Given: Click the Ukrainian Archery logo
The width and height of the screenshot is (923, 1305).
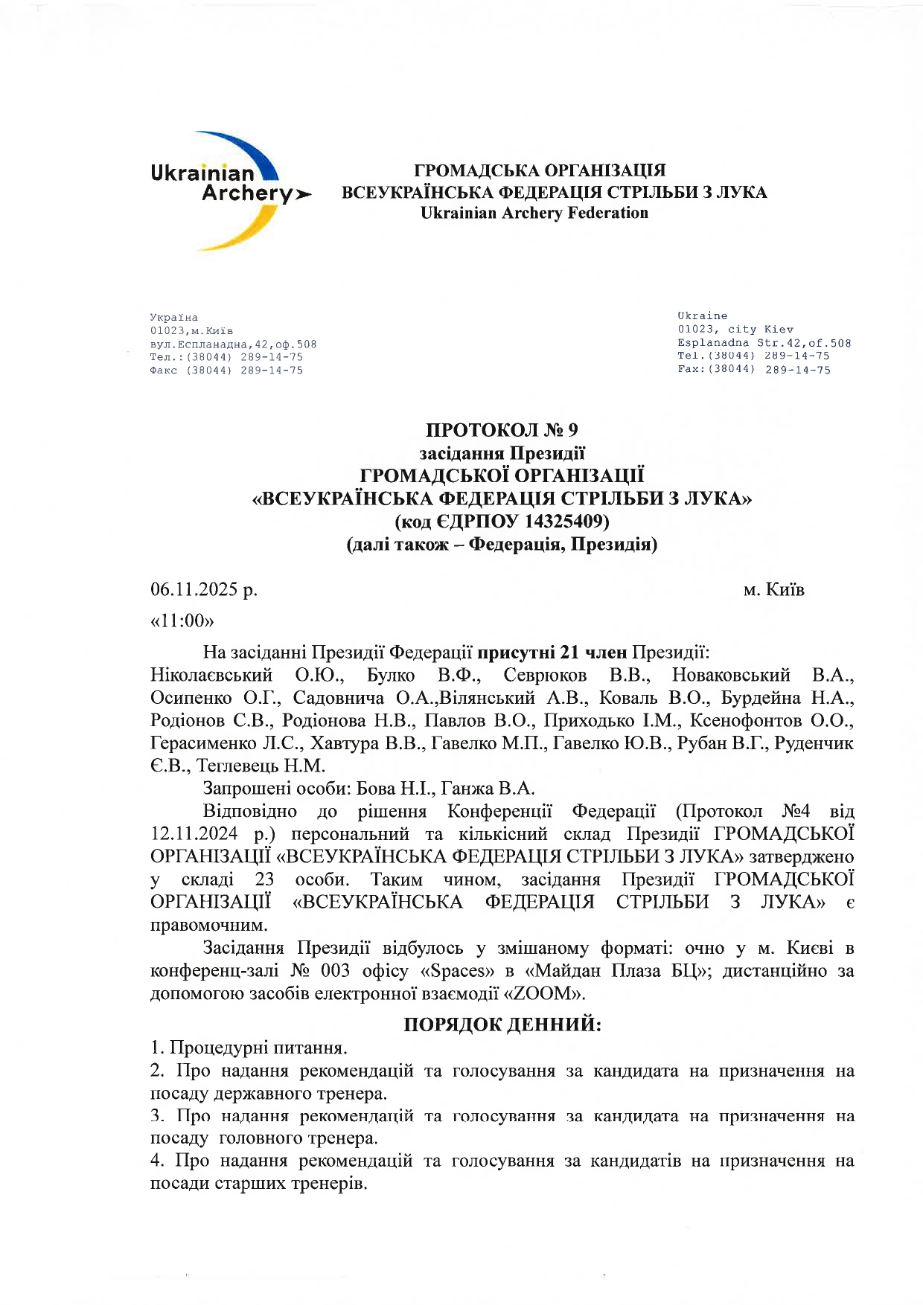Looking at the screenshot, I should (223, 190).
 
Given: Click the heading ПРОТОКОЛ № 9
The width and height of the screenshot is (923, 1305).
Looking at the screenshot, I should (502, 430).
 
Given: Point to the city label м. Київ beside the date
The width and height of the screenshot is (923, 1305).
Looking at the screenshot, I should (773, 590).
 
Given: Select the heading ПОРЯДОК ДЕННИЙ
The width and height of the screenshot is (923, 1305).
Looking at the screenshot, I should (502, 1025).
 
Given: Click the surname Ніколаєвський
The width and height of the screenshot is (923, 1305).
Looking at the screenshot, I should (211, 675).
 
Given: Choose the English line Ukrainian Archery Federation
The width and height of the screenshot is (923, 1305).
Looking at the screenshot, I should (534, 214).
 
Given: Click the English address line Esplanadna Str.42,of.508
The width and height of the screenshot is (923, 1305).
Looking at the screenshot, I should (764, 343).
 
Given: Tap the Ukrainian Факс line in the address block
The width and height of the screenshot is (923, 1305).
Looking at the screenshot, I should (226, 371).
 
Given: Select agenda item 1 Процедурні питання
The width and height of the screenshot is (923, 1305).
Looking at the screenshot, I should (249, 1048).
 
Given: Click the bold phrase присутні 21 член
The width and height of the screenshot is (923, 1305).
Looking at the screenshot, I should (552, 652).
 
